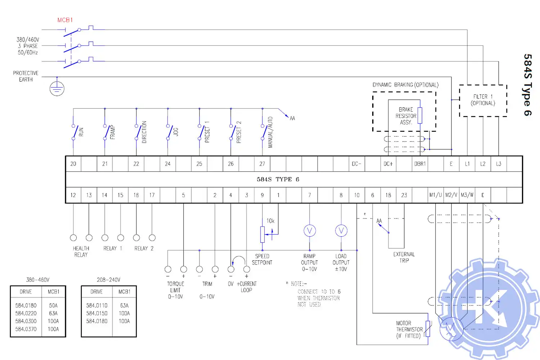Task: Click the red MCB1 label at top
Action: (65, 20)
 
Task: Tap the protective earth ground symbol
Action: (57, 88)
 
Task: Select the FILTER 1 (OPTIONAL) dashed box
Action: (483, 100)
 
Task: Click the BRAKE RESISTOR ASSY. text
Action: (406, 116)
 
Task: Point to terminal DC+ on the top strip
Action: (388, 164)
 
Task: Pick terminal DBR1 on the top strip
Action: (420, 164)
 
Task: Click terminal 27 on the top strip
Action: (262, 164)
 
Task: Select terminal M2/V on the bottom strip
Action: (451, 195)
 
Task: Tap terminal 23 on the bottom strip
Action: (404, 195)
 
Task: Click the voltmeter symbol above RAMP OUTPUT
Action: (310, 230)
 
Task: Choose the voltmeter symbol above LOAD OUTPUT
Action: (341, 230)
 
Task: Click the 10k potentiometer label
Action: (270, 221)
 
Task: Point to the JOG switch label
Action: (176, 132)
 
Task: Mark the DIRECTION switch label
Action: (144, 132)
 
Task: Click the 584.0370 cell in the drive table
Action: (26, 329)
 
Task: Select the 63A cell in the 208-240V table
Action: (124, 306)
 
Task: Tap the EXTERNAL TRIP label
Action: (404, 257)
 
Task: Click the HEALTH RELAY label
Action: (81, 252)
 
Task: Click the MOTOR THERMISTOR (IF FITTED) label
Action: (409, 329)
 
